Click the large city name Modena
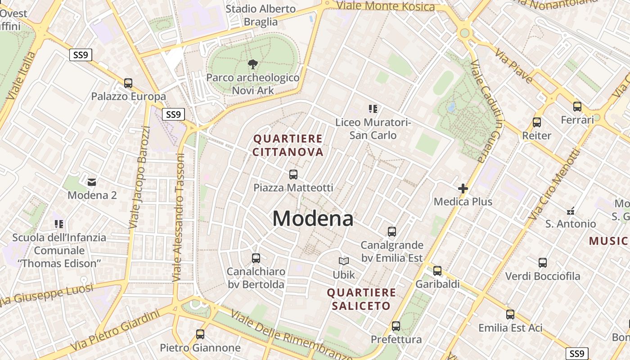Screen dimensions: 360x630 point(313,219)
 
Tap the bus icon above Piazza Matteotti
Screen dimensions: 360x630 point(293,175)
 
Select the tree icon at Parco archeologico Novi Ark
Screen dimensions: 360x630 point(253,64)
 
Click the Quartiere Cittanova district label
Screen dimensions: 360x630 point(288,145)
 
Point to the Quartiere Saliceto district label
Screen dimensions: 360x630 point(361,299)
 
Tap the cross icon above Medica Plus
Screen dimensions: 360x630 point(463,189)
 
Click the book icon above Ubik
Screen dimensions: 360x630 point(344,261)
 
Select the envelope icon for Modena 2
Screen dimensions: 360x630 point(92,182)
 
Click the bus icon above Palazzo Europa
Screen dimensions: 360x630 point(128,83)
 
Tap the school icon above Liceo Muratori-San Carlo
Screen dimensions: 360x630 point(373,108)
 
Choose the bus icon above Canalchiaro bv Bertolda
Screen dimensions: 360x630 point(256,258)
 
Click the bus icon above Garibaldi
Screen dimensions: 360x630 point(437,271)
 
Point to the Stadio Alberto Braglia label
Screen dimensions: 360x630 point(261,15)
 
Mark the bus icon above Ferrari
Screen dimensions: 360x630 point(577,107)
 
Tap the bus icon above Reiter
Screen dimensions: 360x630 point(536,122)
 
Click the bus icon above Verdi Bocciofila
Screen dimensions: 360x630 point(543,263)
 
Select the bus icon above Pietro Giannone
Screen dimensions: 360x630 point(200,334)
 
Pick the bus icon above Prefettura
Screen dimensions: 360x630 point(396,326)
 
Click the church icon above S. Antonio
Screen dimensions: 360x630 point(571,211)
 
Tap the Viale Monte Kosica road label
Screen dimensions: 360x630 point(385,6)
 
